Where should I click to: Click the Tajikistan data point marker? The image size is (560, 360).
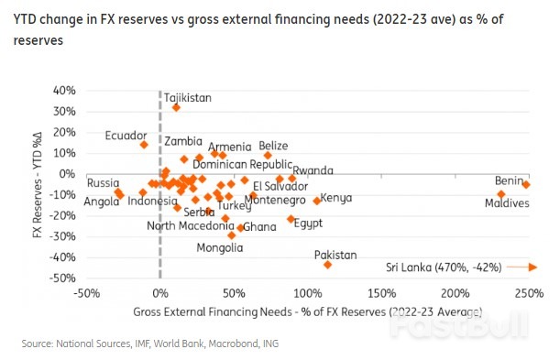click(x=176, y=107)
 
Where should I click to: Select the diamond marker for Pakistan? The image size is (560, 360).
click(x=327, y=265)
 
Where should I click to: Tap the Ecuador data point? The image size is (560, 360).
click(x=144, y=144)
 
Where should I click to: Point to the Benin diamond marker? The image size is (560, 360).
click(x=526, y=184)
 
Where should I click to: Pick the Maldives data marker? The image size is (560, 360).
click(x=501, y=194)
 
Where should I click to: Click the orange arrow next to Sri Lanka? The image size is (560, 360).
click(x=521, y=267)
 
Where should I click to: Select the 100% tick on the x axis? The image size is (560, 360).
click(x=307, y=293)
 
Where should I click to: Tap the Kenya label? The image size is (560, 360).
click(x=336, y=198)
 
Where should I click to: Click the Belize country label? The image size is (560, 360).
click(x=273, y=146)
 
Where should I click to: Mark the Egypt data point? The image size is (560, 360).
click(x=291, y=219)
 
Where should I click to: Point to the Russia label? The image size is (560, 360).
click(x=103, y=182)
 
